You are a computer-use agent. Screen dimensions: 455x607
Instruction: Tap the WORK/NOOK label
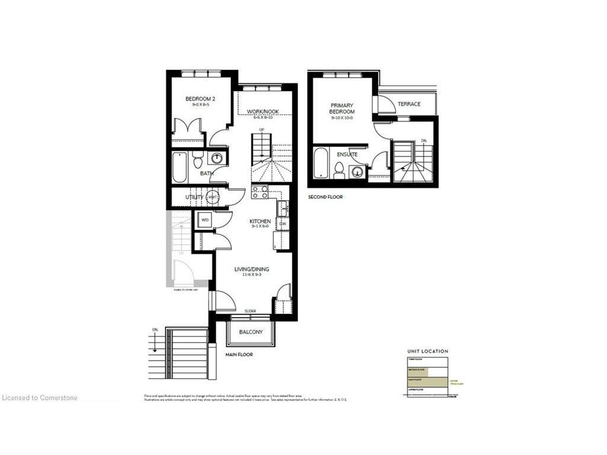point(263,111)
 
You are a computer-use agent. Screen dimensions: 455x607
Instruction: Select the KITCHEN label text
point(260,221)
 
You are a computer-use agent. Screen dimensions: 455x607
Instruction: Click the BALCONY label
point(251,332)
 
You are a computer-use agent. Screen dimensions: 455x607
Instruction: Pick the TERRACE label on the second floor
point(409,104)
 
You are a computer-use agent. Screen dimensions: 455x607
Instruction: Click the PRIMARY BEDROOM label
point(343,108)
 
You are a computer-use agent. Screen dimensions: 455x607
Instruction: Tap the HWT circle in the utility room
point(212,197)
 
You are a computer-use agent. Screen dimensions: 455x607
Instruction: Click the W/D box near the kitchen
point(205,220)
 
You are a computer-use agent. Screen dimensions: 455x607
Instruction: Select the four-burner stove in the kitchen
point(260,192)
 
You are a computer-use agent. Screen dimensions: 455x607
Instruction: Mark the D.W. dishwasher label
point(283,224)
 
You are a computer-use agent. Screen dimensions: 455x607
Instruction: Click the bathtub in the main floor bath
point(180,168)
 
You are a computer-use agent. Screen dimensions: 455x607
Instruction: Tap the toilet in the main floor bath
point(198,160)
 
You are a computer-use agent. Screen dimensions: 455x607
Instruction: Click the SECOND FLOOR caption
point(325,197)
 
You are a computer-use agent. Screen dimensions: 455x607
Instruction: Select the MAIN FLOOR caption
point(239,355)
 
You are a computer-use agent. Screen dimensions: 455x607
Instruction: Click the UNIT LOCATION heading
point(427,351)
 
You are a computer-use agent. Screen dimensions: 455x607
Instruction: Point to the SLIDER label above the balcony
point(250,311)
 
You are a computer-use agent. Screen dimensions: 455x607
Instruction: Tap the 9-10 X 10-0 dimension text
point(343,118)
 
